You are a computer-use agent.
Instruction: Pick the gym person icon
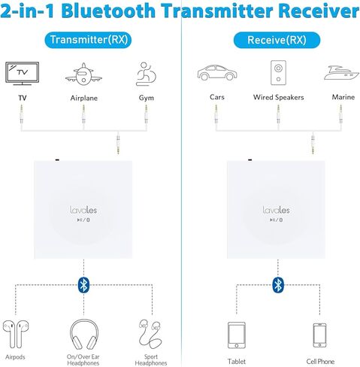pyautogui.click(x=146, y=73)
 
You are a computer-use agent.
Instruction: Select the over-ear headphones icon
pyautogui.click(x=83, y=332)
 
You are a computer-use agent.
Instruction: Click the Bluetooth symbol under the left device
pyautogui.click(x=83, y=284)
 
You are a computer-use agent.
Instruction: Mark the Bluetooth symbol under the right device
pyautogui.click(x=277, y=284)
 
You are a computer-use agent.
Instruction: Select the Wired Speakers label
pyautogui.click(x=277, y=97)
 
